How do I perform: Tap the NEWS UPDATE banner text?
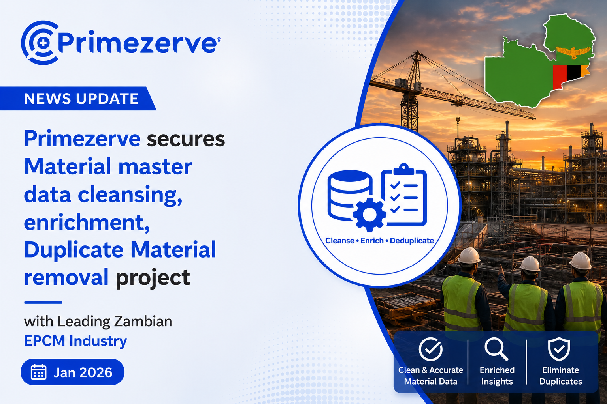click(x=81, y=99)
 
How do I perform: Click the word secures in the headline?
click(x=186, y=139)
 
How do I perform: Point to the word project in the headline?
click(x=153, y=278)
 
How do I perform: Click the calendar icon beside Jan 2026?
click(x=38, y=372)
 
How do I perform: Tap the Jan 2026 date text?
click(x=83, y=372)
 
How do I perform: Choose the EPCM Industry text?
click(x=75, y=341)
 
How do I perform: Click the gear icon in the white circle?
click(x=369, y=215)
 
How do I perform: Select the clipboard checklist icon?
click(x=404, y=195)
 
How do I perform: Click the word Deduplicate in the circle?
click(x=412, y=241)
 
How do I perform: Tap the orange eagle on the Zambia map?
click(x=573, y=52)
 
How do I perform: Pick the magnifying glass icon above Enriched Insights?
click(x=496, y=349)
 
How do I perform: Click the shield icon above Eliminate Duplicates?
click(x=559, y=349)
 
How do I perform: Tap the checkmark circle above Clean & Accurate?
click(x=431, y=349)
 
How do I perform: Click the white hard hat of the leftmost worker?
click(x=469, y=255)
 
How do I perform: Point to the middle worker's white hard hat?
click(x=530, y=264)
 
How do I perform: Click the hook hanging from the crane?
click(x=458, y=120)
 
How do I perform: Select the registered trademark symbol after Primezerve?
click(x=219, y=40)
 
